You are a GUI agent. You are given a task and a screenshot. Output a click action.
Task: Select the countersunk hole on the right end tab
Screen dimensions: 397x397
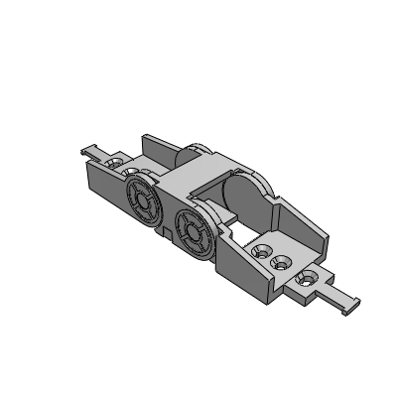coord(307,277)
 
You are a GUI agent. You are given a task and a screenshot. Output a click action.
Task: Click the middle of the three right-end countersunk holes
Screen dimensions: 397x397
coord(282,263)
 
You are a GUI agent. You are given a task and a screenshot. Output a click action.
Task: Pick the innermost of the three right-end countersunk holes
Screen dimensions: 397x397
coord(263,251)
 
